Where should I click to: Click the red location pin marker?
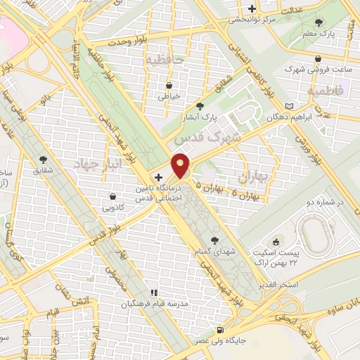181,166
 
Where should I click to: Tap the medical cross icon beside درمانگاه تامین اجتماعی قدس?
157,178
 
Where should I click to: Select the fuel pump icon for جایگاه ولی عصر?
221,330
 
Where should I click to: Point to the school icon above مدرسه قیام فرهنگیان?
154,292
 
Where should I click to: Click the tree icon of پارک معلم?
321,23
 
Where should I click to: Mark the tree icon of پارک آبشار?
200,105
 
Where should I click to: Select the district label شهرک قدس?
217,138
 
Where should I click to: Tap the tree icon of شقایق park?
44,160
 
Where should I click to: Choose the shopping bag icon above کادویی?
113,196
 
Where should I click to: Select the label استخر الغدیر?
299,285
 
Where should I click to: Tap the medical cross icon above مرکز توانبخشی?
252,9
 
